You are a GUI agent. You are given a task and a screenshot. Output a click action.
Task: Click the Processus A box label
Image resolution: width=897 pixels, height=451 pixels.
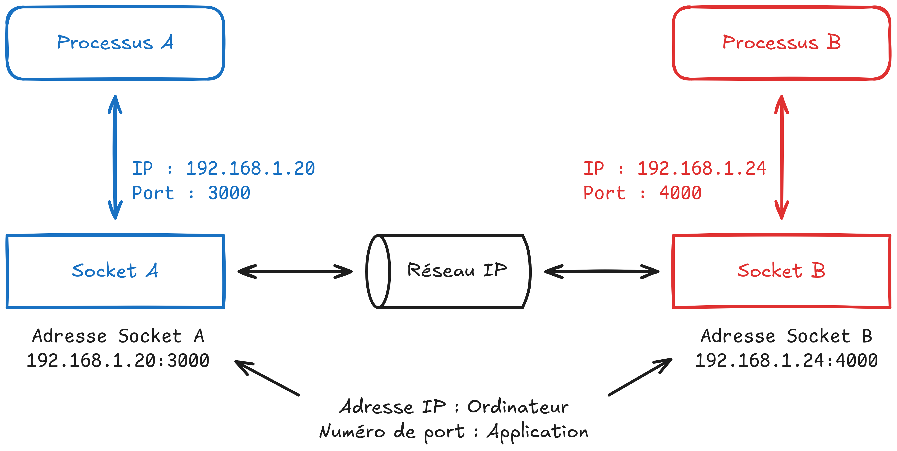click(115, 43)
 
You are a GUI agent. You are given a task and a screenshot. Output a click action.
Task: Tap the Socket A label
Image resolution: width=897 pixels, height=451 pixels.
click(115, 271)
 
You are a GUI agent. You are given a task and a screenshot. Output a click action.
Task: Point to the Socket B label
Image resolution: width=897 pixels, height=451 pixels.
click(781, 271)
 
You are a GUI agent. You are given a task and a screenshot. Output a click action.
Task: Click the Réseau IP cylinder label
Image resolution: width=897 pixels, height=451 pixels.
click(457, 270)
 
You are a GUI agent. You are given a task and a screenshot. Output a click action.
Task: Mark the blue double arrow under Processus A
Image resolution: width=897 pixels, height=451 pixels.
click(115, 157)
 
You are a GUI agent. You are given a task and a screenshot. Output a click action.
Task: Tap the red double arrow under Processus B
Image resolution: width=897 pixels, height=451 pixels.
click(781, 157)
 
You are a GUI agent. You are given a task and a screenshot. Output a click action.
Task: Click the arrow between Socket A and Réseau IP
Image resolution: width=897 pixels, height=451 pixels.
click(295, 271)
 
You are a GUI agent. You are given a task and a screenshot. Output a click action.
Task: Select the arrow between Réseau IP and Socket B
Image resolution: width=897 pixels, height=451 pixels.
click(601, 271)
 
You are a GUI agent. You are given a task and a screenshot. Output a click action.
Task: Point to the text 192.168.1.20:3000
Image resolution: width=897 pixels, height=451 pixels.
click(118, 360)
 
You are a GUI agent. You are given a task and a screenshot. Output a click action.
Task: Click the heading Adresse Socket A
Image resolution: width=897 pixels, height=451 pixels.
click(118, 336)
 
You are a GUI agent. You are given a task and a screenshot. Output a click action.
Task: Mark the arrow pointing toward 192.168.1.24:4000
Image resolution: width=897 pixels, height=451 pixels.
click(640, 377)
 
